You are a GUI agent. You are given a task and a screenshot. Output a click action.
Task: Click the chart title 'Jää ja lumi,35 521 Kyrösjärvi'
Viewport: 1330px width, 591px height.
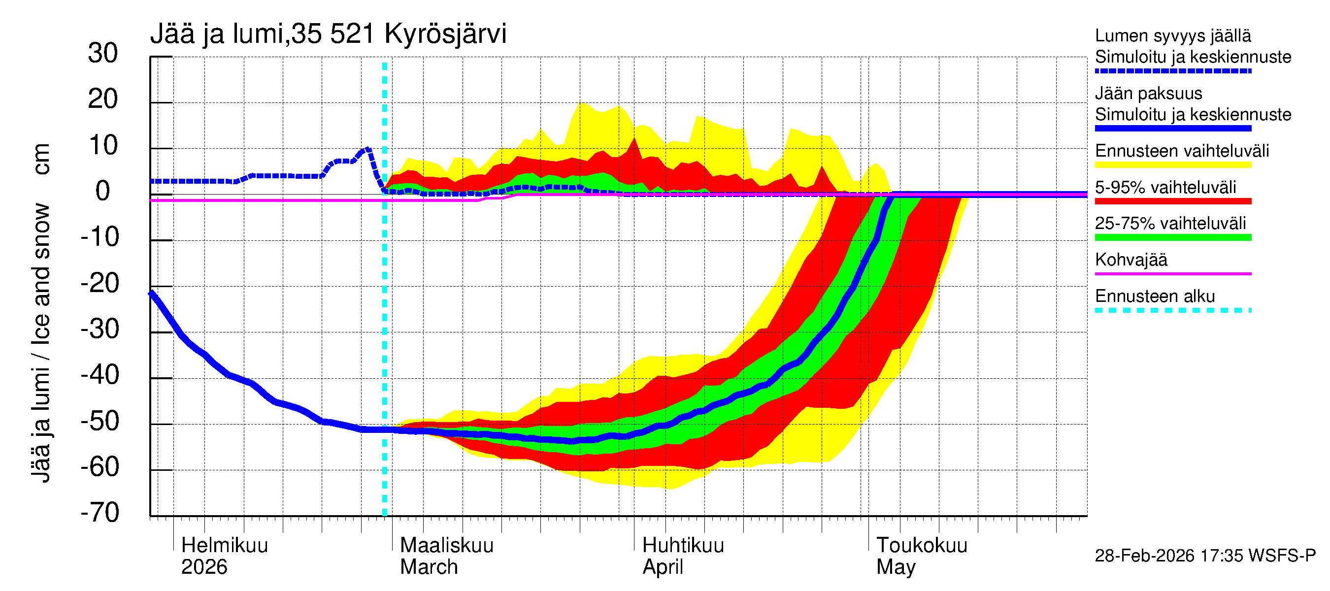[328, 34]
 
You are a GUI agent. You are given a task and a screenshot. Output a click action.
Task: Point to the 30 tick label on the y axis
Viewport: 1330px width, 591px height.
[103, 53]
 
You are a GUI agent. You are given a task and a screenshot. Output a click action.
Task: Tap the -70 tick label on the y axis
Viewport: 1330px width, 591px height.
[100, 513]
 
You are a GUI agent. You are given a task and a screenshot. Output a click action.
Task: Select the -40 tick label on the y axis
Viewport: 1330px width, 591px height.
[100, 375]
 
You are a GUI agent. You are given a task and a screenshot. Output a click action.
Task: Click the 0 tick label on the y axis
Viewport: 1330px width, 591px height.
[103, 191]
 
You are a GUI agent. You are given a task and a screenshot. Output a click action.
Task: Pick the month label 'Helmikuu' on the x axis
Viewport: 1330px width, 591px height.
[225, 545]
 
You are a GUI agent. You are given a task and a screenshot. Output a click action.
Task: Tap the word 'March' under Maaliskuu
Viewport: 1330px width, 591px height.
[429, 567]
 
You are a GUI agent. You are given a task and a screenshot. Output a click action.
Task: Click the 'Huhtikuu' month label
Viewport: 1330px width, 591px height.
[683, 545]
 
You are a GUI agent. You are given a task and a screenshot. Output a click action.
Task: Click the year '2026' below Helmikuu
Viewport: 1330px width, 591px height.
[204, 567]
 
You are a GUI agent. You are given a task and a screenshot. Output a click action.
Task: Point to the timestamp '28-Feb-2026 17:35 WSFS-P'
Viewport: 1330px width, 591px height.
[1205, 556]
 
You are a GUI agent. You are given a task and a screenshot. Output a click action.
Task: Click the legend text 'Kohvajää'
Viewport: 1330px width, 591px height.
[1130, 260]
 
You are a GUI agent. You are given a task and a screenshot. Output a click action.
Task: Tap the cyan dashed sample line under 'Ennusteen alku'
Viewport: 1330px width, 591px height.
[1172, 310]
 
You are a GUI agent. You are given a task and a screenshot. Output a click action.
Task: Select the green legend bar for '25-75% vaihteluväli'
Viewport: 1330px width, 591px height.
[1172, 237]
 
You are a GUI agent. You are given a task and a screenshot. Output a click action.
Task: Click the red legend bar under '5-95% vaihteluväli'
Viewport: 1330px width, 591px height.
[1172, 201]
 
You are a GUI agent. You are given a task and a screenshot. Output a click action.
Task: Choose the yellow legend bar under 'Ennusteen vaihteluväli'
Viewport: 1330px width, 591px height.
[1172, 164]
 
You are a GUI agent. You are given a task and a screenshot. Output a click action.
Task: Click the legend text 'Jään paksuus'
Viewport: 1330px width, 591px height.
[1148, 94]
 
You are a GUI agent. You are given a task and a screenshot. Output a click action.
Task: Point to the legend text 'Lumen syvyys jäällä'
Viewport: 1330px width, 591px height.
[1172, 35]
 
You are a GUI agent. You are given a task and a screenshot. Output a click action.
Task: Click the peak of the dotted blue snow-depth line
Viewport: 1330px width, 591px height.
[366, 150]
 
